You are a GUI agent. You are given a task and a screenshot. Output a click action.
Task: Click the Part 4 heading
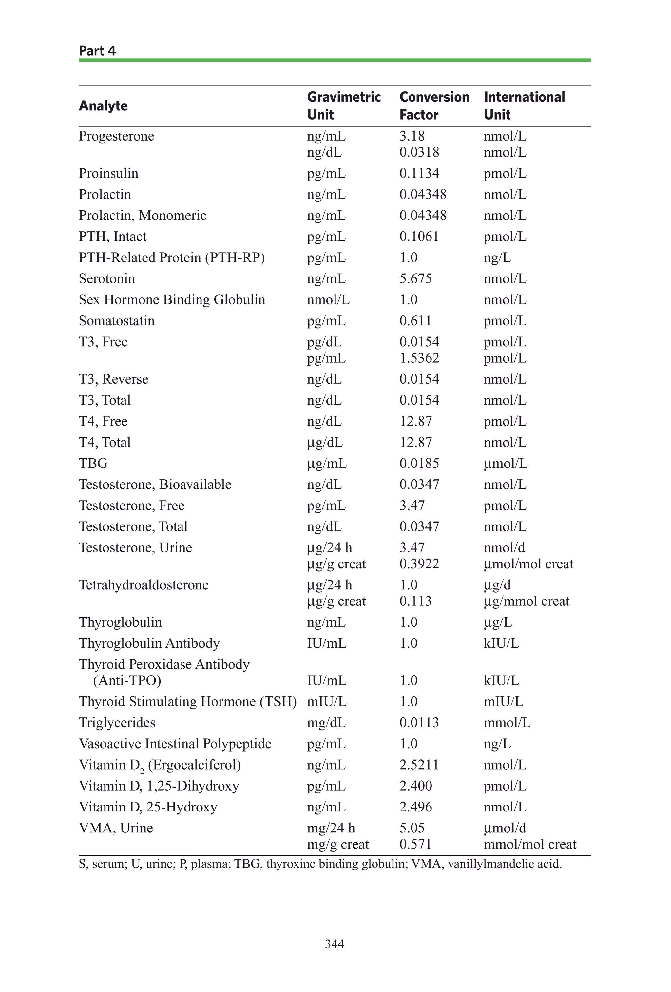97,51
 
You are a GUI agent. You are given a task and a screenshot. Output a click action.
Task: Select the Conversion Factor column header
434,105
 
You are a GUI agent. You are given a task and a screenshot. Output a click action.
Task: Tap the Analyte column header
103,105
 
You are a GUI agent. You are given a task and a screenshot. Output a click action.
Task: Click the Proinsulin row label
108,173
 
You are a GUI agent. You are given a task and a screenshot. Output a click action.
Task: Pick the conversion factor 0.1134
419,173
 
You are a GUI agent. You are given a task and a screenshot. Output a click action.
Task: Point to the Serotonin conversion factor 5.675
415,279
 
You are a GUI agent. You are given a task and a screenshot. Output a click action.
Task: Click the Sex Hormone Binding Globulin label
172,300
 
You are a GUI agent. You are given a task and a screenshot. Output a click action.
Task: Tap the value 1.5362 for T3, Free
419,358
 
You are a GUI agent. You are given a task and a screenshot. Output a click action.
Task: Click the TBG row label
93,463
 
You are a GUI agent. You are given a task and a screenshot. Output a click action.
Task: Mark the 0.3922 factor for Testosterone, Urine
419,564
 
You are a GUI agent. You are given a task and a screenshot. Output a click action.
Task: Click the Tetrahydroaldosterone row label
144,585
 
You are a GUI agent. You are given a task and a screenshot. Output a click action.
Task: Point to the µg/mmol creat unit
526,601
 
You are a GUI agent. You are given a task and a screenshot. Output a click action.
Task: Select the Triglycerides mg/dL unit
326,723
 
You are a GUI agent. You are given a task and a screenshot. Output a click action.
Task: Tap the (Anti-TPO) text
127,680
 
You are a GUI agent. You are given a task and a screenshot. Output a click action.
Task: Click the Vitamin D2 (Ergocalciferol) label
160,765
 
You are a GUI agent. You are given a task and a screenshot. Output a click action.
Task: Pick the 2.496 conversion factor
415,807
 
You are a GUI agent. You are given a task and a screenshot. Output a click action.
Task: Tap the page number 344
334,944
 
